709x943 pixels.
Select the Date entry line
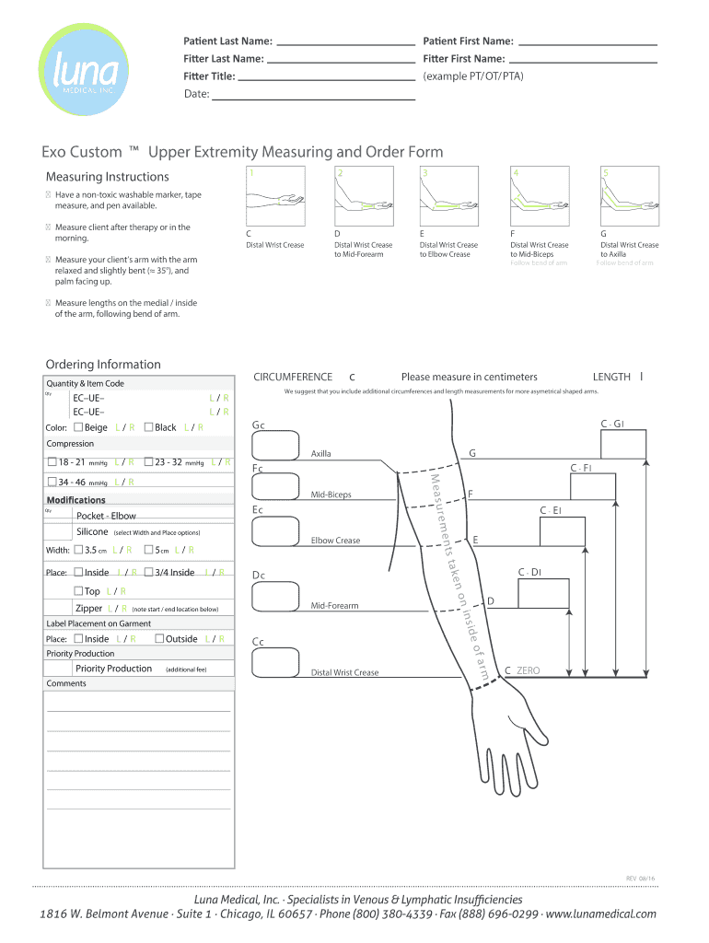point(314,95)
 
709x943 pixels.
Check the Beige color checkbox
point(77,427)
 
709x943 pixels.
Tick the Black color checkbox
point(149,427)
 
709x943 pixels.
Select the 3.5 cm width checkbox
point(77,551)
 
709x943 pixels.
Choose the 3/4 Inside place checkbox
point(149,573)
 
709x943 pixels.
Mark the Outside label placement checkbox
point(159,639)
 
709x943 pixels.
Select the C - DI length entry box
point(543,593)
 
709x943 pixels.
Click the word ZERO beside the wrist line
point(529,670)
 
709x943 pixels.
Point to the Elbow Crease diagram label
point(335,541)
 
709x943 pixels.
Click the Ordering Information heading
point(103,365)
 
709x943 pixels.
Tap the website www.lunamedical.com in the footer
point(601,914)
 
